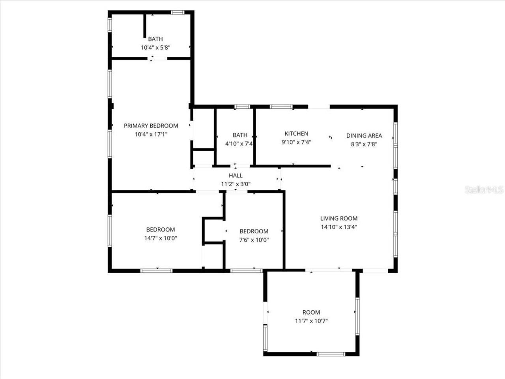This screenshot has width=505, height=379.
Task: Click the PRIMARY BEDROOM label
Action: (x=151, y=126)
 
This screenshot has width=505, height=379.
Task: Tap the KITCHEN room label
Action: (x=296, y=133)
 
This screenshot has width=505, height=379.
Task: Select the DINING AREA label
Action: (x=364, y=135)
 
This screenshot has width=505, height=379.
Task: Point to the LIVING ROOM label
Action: (x=339, y=218)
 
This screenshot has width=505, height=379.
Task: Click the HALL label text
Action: (x=236, y=175)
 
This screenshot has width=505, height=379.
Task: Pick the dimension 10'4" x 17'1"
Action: (x=151, y=134)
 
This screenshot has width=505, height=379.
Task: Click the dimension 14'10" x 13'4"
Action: (x=339, y=227)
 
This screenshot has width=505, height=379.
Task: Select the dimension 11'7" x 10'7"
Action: (x=311, y=321)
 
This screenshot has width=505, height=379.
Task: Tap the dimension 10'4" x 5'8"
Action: (x=155, y=47)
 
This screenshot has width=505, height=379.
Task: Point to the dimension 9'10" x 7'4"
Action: (x=296, y=142)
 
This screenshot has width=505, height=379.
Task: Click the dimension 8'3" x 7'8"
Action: (x=364, y=144)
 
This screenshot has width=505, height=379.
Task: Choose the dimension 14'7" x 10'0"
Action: (x=160, y=238)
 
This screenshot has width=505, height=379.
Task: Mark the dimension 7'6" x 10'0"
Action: (x=254, y=240)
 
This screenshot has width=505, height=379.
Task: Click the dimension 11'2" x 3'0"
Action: (x=236, y=184)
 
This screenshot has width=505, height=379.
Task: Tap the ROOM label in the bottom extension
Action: (x=311, y=312)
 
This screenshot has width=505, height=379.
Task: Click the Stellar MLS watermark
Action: (x=484, y=190)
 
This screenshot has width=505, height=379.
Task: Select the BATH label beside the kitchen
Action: (x=240, y=135)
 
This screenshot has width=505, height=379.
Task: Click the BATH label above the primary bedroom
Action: (x=155, y=39)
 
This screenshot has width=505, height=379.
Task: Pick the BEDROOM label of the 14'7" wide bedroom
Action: (x=160, y=229)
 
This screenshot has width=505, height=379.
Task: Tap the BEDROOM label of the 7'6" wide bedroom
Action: (x=254, y=231)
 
